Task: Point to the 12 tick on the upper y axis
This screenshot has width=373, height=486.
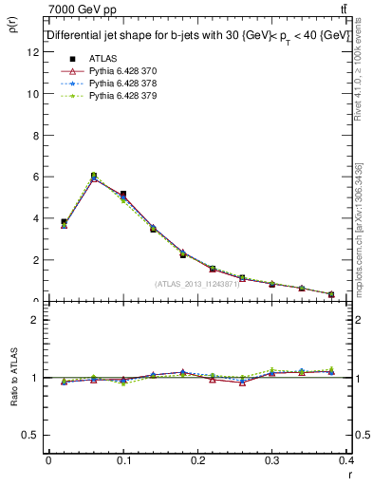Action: click(35, 52)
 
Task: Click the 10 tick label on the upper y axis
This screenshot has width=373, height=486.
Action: click(35, 94)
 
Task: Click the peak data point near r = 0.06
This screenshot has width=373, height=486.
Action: click(93, 176)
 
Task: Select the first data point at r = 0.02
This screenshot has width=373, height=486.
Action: click(64, 222)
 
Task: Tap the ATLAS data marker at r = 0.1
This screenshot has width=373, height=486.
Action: click(123, 194)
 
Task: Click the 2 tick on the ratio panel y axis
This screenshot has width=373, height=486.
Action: click(38, 320)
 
